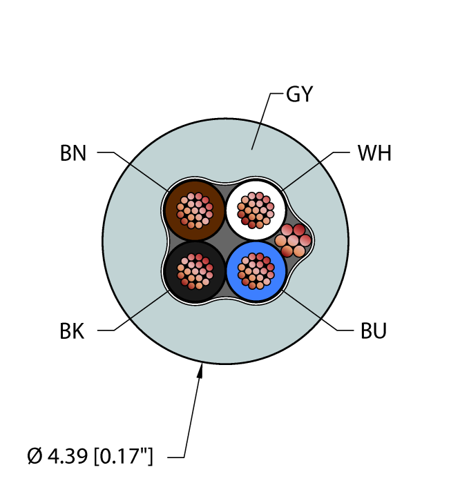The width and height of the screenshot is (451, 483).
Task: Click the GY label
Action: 299,95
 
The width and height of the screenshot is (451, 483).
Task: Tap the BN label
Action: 73,153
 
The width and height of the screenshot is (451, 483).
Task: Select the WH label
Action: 374,153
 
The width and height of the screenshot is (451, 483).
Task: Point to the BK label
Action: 72,331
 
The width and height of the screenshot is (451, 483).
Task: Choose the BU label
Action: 374,331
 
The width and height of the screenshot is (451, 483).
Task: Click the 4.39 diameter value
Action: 68,456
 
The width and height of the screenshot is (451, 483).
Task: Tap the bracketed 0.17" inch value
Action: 124,456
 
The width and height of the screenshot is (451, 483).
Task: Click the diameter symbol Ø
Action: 35,456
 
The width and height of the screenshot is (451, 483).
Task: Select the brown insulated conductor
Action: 195,210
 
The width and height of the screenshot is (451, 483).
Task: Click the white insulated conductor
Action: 256,210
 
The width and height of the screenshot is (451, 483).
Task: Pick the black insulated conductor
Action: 195,271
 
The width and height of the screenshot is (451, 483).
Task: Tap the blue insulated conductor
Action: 256,271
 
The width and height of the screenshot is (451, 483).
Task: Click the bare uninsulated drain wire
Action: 293,241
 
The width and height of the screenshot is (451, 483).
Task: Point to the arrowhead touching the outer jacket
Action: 200,371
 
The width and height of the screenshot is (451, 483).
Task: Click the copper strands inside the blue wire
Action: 256,271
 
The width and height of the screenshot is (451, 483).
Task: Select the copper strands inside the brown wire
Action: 195,210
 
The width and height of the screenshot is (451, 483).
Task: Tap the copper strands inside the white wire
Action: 256,210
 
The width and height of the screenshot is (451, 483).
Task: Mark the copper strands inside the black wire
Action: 195,271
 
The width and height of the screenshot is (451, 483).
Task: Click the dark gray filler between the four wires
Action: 225,241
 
